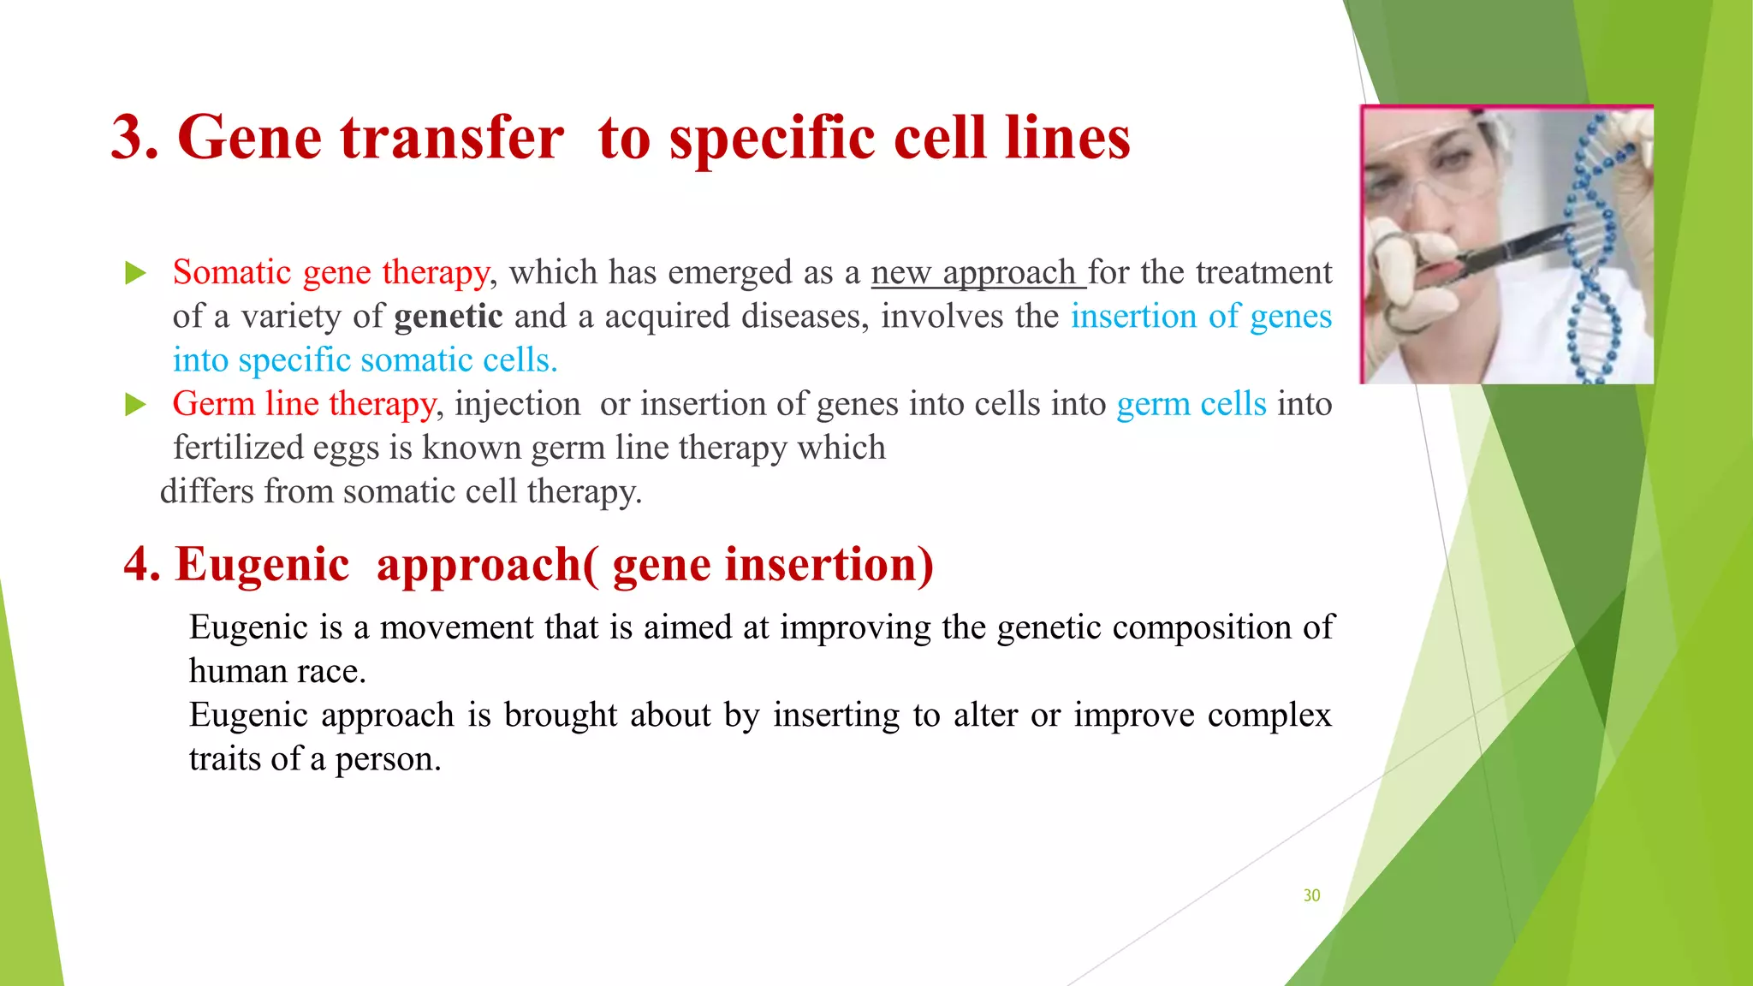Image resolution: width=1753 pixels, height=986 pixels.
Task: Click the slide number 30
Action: pyautogui.click(x=1311, y=895)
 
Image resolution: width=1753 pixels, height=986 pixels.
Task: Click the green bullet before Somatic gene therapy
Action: pyautogui.click(x=135, y=274)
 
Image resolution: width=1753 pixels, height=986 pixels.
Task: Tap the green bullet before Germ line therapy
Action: pyautogui.click(x=135, y=404)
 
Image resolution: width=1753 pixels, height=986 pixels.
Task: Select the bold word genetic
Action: pyautogui.click(x=448, y=316)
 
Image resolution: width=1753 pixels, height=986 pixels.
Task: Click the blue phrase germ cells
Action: pyautogui.click(x=1191, y=403)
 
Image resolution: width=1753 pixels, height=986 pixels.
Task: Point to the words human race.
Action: pyautogui.click(x=277, y=671)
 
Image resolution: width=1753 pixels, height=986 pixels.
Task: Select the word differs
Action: pyautogui.click(x=206, y=491)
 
